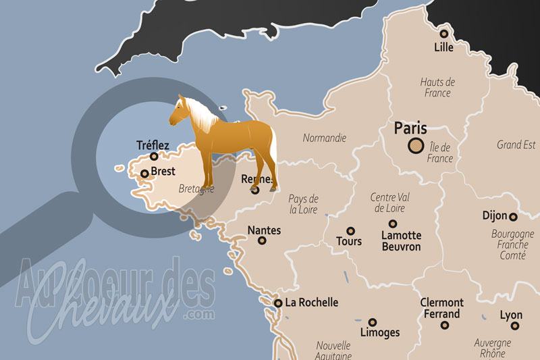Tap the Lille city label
[443, 48]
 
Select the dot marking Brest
[144, 174]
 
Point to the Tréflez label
[153, 145]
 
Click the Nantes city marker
[262, 240]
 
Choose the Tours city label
[349, 241]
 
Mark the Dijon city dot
[513, 217]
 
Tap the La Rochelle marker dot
[277, 303]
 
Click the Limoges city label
[380, 332]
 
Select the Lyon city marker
[514, 326]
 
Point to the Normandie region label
[325, 138]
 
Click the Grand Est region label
[516, 145]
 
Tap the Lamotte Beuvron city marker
[392, 224]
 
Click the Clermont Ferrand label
[441, 308]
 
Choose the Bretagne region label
[197, 190]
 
